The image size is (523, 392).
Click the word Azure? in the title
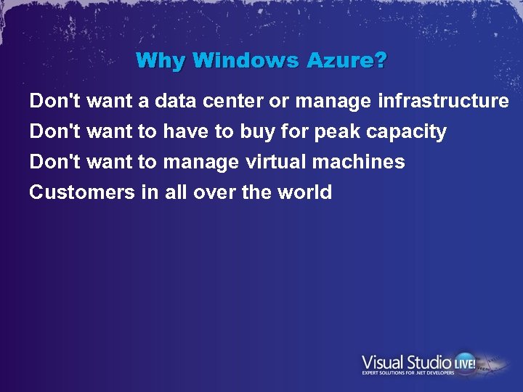click(x=347, y=60)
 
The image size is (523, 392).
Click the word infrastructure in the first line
click(x=443, y=102)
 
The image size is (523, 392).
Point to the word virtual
click(x=275, y=162)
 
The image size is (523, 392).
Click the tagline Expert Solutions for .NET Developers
click(x=408, y=373)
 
